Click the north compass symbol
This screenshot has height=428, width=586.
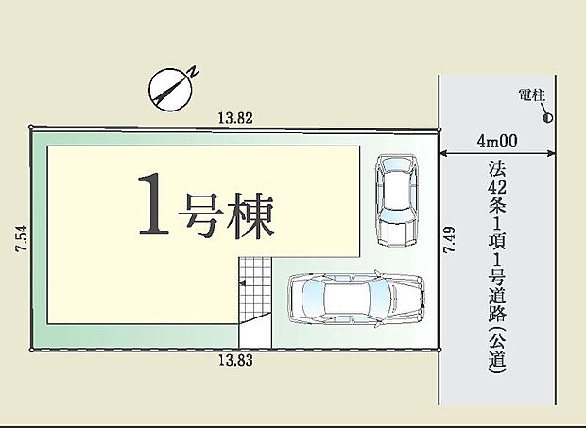[x=170, y=90]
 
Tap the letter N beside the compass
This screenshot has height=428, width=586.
[x=193, y=72]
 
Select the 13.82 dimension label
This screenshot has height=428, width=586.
[x=235, y=118]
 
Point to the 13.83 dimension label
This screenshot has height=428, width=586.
[x=235, y=360]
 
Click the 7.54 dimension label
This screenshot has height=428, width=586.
[x=22, y=238]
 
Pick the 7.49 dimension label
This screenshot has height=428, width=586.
[x=449, y=240]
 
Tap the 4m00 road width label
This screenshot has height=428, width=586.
[x=497, y=141]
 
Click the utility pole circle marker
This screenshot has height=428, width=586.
[x=548, y=118]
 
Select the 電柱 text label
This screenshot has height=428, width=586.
[x=532, y=95]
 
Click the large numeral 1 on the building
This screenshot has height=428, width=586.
[x=153, y=205]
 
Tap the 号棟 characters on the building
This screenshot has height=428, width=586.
[x=226, y=215]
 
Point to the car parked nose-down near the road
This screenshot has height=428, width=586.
[x=397, y=200]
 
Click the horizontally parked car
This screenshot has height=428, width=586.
[x=356, y=299]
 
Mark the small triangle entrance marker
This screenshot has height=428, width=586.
[x=242, y=283]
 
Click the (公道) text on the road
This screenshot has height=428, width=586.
[x=497, y=349]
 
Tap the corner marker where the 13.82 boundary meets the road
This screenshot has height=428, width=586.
[x=439, y=130]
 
